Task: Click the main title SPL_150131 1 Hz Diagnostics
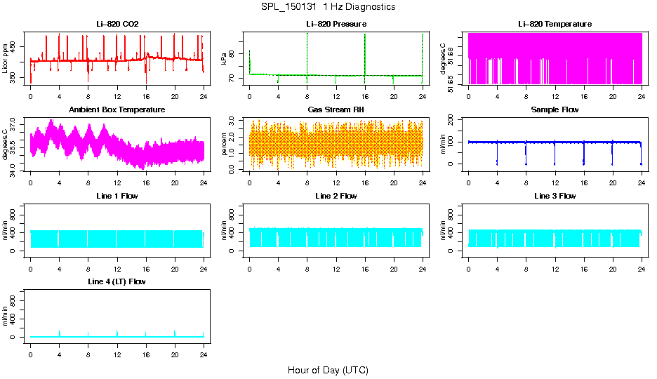pyautogui.click(x=328, y=7)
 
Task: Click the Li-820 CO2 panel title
pyautogui.click(x=117, y=25)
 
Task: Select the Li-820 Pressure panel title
pyautogui.click(x=336, y=25)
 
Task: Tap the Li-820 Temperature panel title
pyautogui.click(x=555, y=25)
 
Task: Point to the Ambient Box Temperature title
pyautogui.click(x=117, y=110)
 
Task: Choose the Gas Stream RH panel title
pyautogui.click(x=336, y=110)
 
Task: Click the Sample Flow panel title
pyautogui.click(x=555, y=110)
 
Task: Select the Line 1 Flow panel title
pyautogui.click(x=117, y=196)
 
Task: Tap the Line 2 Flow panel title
pyautogui.click(x=336, y=196)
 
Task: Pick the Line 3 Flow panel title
pyautogui.click(x=555, y=196)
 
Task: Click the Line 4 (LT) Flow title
pyautogui.click(x=117, y=281)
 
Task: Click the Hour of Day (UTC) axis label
pyautogui.click(x=328, y=370)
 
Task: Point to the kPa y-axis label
pyautogui.click(x=225, y=59)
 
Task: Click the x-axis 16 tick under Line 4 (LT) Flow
pyautogui.click(x=146, y=347)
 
